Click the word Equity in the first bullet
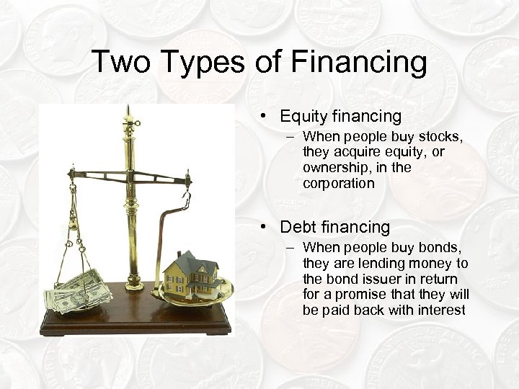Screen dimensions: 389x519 click(303, 116)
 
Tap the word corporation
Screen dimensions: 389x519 click(339, 184)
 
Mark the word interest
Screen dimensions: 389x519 click(440, 310)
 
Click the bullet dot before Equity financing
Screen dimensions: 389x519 click(265, 116)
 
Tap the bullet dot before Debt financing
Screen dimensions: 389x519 click(265, 228)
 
